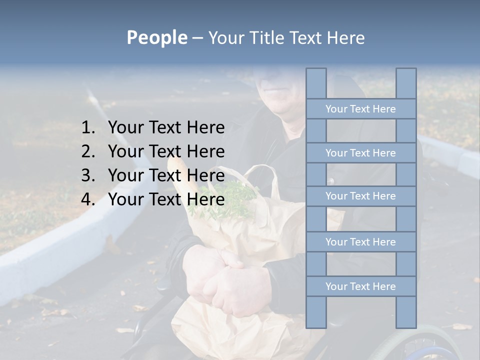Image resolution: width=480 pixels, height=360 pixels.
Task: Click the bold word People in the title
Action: [156, 37]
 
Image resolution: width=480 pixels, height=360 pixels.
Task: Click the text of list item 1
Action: [166, 128]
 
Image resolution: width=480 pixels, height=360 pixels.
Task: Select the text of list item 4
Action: [166, 199]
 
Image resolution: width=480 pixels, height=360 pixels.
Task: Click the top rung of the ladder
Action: [360, 109]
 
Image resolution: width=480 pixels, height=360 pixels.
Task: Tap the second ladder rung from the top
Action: [360, 153]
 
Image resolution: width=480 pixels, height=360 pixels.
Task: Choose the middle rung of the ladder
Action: [360, 196]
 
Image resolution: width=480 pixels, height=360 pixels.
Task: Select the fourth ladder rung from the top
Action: [360, 242]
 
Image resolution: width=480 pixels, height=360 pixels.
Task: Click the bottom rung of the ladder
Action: [360, 286]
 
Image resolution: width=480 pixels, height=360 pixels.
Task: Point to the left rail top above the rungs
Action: [316, 83]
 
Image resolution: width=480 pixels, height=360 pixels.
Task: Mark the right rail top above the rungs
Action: [406, 83]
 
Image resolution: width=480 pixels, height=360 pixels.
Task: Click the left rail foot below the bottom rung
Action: [316, 312]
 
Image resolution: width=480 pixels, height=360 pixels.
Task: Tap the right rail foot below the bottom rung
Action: [406, 312]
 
